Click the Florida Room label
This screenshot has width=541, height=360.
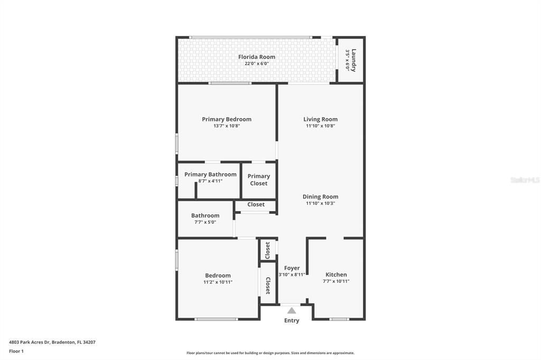(256, 57)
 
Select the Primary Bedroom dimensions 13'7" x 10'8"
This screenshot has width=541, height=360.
(226, 126)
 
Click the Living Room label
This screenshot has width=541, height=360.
(320, 119)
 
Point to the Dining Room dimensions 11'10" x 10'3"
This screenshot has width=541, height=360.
(320, 203)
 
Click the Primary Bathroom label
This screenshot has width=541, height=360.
(210, 175)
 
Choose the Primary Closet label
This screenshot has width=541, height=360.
(258, 180)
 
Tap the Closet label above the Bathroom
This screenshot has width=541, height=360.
(256, 205)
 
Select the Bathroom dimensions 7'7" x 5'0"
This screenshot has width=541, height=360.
(205, 222)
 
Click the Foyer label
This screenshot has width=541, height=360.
(292, 268)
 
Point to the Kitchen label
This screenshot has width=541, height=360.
(336, 274)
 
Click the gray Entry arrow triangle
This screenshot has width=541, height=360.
(292, 311)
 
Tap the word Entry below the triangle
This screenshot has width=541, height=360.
(292, 320)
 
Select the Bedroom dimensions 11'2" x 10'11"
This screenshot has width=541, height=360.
(218, 282)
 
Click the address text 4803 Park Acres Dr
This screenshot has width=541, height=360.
(52, 342)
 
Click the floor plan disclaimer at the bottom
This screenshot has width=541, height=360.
(270, 353)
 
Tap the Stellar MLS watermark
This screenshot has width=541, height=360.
(525, 180)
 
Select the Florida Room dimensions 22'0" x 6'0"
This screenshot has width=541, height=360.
(256, 64)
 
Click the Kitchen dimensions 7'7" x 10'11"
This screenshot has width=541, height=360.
(336, 281)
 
